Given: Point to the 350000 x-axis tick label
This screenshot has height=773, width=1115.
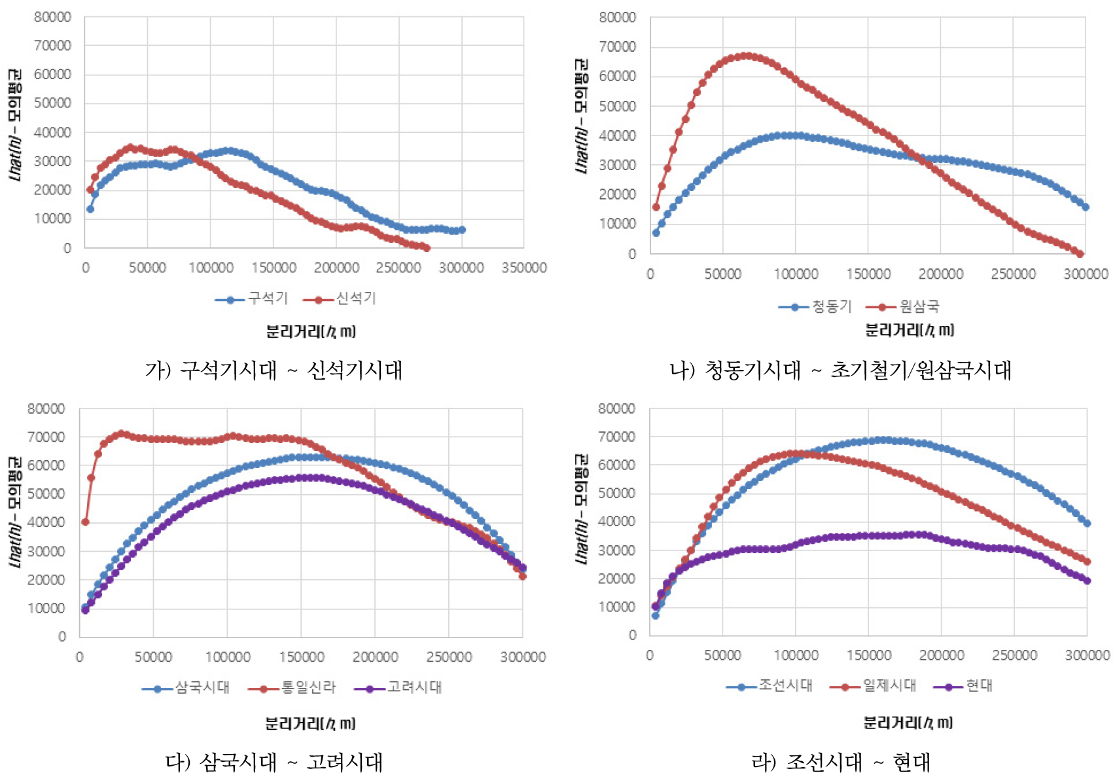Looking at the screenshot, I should click(x=524, y=268).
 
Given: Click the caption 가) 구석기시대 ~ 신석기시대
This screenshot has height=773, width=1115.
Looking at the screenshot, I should click(x=274, y=370).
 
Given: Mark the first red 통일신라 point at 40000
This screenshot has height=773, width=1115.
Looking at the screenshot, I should click(x=85, y=522).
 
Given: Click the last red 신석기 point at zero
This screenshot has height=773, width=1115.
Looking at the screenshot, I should click(x=427, y=248).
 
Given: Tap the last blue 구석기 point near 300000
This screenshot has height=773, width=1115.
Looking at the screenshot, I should click(x=462, y=230).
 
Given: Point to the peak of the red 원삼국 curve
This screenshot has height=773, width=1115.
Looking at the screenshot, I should click(x=745, y=56).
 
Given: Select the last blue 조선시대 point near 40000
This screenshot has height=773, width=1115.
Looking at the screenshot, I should click(x=1087, y=523).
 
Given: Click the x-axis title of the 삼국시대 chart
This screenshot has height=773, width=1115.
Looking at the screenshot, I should click(x=310, y=723).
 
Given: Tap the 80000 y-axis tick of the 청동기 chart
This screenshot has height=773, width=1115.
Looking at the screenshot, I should click(x=617, y=18).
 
